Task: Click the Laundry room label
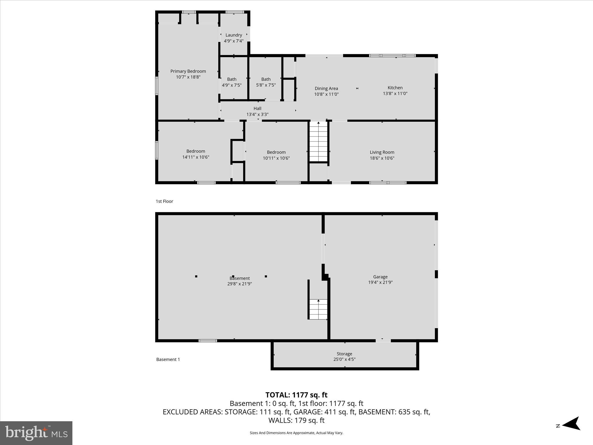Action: coord(234,35)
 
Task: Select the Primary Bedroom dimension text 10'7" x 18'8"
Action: coord(188,77)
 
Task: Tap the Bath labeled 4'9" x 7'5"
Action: coord(232,82)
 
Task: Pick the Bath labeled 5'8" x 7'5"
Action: coord(266,82)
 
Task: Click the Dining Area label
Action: coord(326,89)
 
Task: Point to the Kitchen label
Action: coord(395,88)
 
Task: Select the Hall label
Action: coord(257,109)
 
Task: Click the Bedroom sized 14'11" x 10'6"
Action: coord(196,154)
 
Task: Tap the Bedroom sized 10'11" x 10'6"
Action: coord(276,155)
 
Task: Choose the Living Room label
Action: coord(382,152)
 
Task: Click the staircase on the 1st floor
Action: coord(319,142)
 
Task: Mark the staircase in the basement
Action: coord(319,309)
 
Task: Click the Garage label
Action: coord(380,277)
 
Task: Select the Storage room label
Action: coord(344,354)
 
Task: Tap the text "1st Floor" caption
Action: coord(164,201)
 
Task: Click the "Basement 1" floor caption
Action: coord(168,360)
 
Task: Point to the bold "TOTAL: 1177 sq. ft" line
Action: coord(296,395)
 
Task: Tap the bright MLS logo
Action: coord(36,433)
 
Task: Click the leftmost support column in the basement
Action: coord(196,276)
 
